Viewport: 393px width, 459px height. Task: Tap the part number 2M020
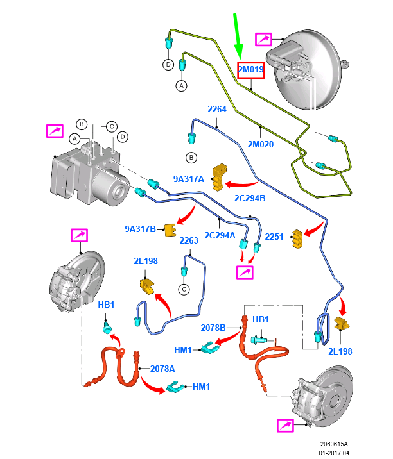(x=260, y=144)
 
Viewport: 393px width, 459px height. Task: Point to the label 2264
(x=216, y=110)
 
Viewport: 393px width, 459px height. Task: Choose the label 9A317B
(x=140, y=228)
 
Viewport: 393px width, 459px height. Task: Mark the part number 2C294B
(x=250, y=198)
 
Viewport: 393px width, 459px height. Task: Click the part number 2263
(x=189, y=241)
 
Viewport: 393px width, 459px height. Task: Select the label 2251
(x=274, y=237)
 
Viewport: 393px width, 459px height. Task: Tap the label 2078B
(x=213, y=328)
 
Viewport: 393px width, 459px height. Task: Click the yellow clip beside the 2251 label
(x=298, y=238)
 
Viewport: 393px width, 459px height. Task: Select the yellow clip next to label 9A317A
(x=222, y=176)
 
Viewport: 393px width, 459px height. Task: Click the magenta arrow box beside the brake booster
(x=265, y=40)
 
